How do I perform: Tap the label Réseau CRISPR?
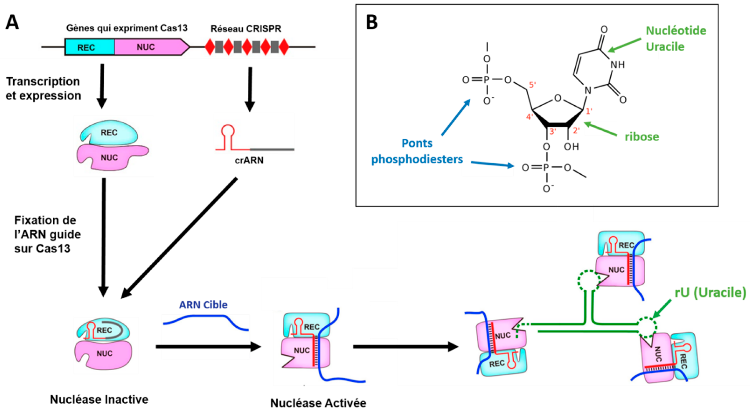coord(246,29)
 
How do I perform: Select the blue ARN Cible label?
coord(203,305)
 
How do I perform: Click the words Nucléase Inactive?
coord(99,399)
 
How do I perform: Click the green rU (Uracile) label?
coord(710,293)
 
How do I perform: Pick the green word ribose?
coord(642,137)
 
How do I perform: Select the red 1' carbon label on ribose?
coord(589,111)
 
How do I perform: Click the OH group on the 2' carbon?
coord(571,147)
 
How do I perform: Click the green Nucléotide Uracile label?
coord(675,38)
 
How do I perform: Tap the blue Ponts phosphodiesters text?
coord(417,151)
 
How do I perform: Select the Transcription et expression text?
coord(43,88)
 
